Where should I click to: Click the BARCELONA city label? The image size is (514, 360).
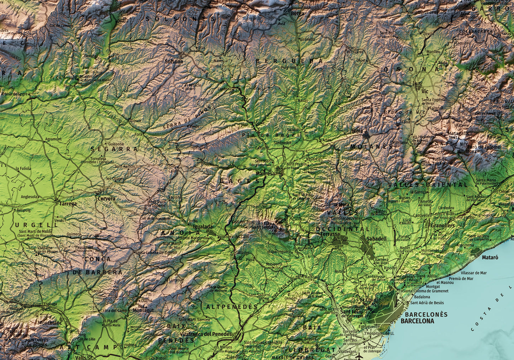417,321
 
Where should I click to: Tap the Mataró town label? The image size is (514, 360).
490,257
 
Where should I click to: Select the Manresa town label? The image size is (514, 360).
265,174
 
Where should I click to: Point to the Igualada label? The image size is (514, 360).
203,227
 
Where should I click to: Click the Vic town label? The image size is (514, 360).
425,91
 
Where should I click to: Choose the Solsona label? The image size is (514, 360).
174,62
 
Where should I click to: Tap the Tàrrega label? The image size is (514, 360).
68,204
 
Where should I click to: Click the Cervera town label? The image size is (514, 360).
106,198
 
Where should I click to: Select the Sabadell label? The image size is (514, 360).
376,239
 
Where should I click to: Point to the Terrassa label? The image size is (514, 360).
330,234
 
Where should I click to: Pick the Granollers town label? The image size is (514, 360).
443,226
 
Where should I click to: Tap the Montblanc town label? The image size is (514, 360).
50,323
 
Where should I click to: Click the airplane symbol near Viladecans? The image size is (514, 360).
359,356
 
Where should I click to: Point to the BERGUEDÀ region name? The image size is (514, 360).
290,61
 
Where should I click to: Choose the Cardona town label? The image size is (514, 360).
225,89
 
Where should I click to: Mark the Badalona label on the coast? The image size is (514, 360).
422,297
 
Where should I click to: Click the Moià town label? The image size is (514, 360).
357,131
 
